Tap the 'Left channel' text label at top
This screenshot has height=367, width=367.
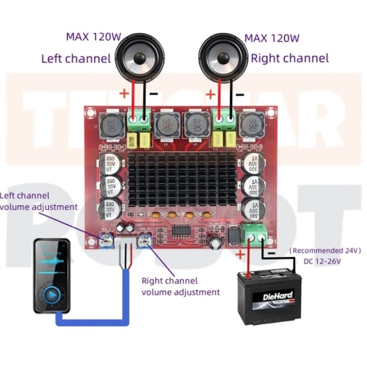pos(76,59)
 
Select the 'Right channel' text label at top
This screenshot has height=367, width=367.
pos(290,58)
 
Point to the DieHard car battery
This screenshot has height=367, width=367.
pos(271,297)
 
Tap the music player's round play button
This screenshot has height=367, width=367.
pos(52,295)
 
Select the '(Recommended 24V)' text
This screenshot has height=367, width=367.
pos(325,250)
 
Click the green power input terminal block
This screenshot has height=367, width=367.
pos(255,235)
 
